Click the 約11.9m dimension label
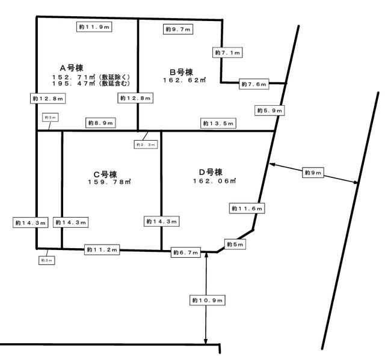[94, 26]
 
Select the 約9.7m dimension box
[178, 29]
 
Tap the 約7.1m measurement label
[227, 52]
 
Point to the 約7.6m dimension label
[254, 84]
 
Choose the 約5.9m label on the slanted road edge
[269, 111]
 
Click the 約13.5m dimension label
[218, 123]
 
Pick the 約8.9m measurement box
[100, 123]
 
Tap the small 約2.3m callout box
[146, 144]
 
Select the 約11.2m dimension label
[102, 249]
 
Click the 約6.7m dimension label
[186, 252]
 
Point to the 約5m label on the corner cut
[235, 244]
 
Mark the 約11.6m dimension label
[247, 208]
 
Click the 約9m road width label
[313, 172]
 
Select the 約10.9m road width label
[208, 300]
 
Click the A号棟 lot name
[72, 68]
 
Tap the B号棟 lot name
[181, 72]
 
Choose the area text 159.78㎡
[109, 182]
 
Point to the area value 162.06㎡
[214, 181]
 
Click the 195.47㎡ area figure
[73, 84]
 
